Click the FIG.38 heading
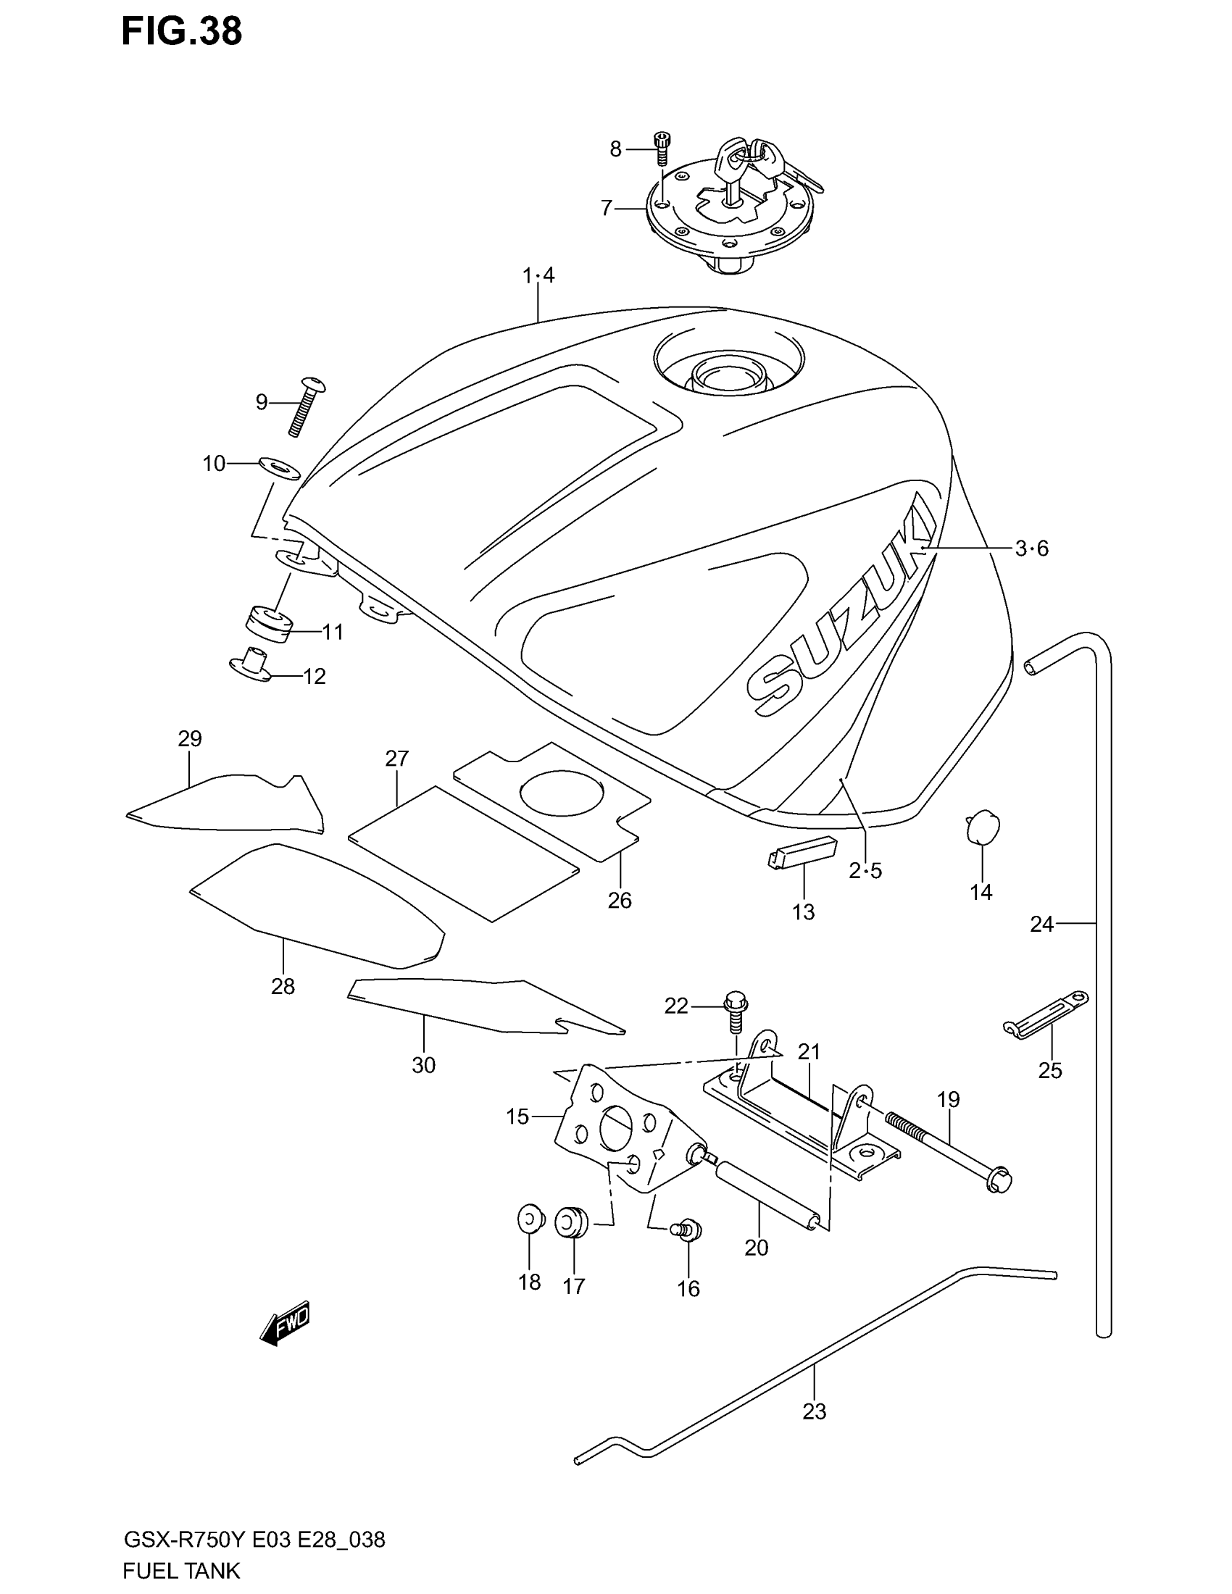181,33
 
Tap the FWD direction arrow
286,1321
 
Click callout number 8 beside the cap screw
615,150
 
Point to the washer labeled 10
280,468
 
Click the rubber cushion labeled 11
267,624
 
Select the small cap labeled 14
982,825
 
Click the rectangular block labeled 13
801,851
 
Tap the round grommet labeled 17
572,1223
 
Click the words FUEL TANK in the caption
182,1569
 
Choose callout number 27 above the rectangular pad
397,759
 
